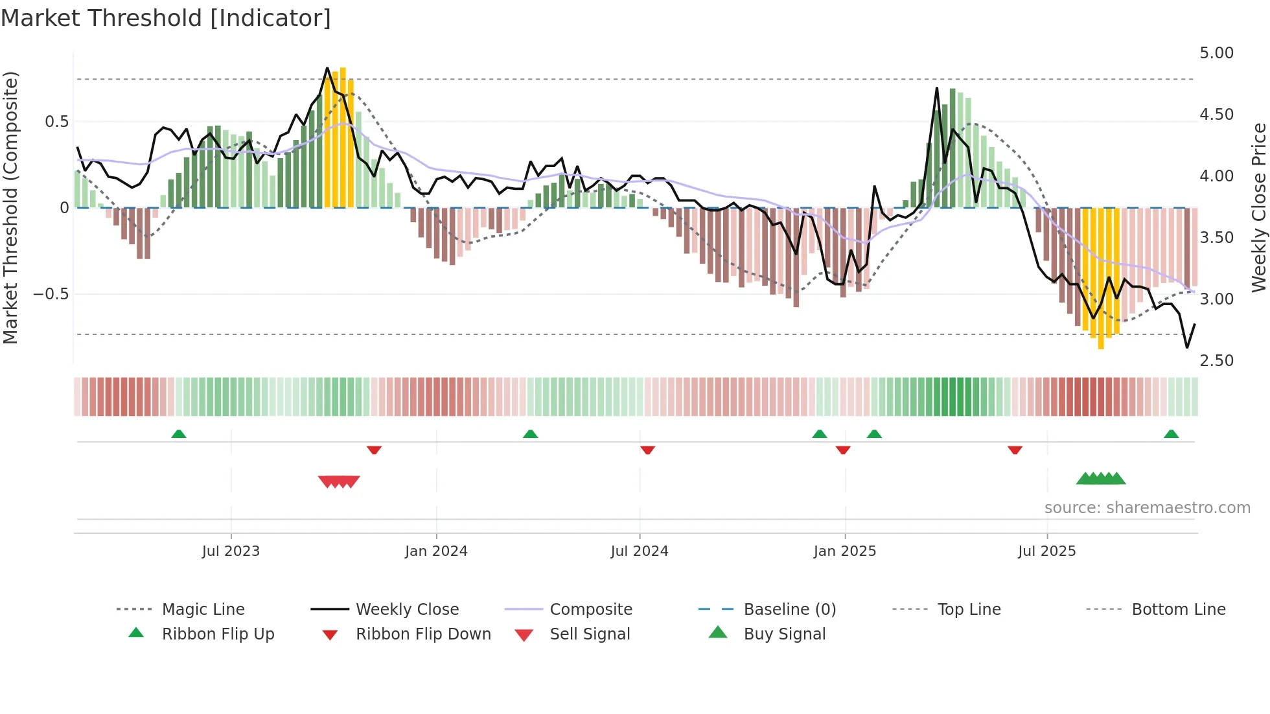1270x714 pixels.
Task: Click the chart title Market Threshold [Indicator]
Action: (166, 18)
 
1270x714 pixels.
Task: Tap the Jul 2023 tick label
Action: (231, 551)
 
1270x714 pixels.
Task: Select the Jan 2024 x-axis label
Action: (436, 551)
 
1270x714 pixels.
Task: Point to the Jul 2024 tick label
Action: (640, 551)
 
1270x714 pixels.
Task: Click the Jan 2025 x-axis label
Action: (845, 551)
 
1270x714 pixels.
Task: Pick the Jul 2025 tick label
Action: (1047, 551)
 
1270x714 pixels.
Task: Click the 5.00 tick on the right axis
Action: (1217, 53)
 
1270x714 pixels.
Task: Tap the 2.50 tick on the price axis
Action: (1217, 361)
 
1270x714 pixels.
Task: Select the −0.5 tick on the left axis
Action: (51, 294)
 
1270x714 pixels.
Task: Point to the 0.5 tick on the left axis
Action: (57, 122)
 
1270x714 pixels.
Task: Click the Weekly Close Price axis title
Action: (1258, 207)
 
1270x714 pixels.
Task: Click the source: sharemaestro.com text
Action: (1147, 508)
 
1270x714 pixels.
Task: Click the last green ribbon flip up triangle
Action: (1171, 434)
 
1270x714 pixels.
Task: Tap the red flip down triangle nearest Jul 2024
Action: (647, 450)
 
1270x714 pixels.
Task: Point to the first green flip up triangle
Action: (179, 434)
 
